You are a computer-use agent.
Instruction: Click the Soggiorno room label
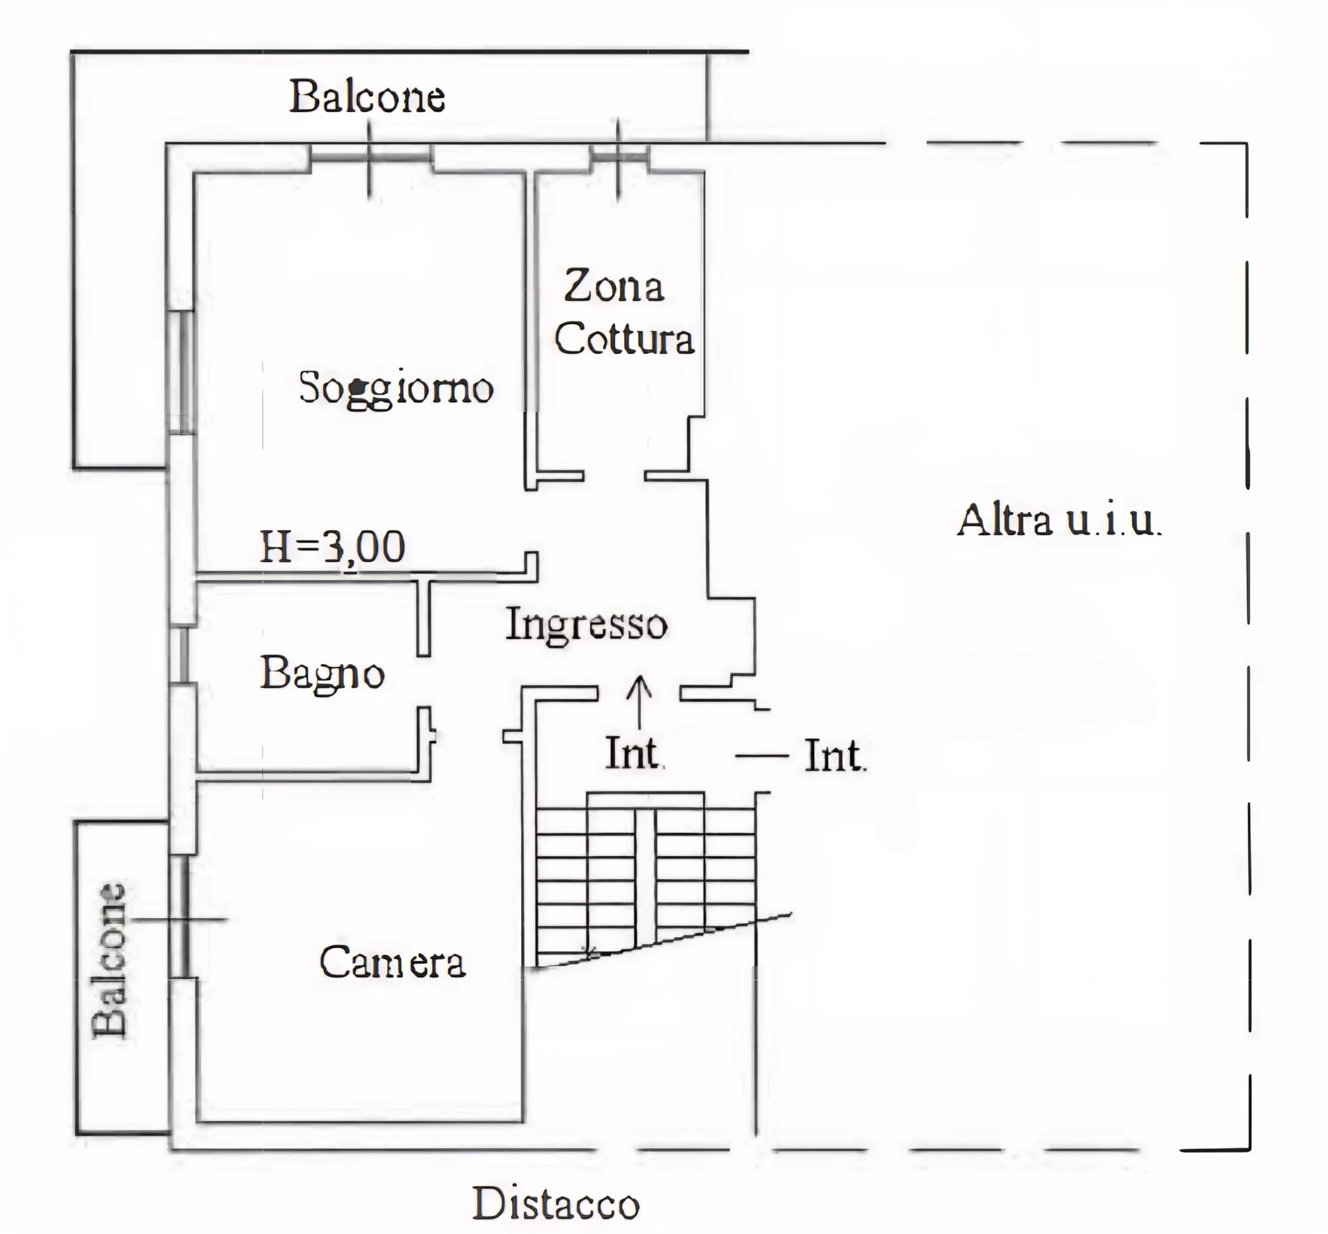click(396, 388)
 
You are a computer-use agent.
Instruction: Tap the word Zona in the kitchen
click(614, 286)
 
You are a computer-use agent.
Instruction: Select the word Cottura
click(623, 339)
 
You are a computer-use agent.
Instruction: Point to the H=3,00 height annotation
click(332, 547)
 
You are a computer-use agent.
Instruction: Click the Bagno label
click(322, 674)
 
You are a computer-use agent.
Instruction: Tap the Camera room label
click(392, 962)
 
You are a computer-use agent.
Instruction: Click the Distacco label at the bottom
click(556, 1204)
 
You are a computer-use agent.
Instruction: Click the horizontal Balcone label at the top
click(367, 97)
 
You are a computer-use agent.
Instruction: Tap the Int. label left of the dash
click(835, 756)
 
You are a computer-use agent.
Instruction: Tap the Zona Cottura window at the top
click(619, 157)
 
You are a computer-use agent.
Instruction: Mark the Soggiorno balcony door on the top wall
click(371, 157)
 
